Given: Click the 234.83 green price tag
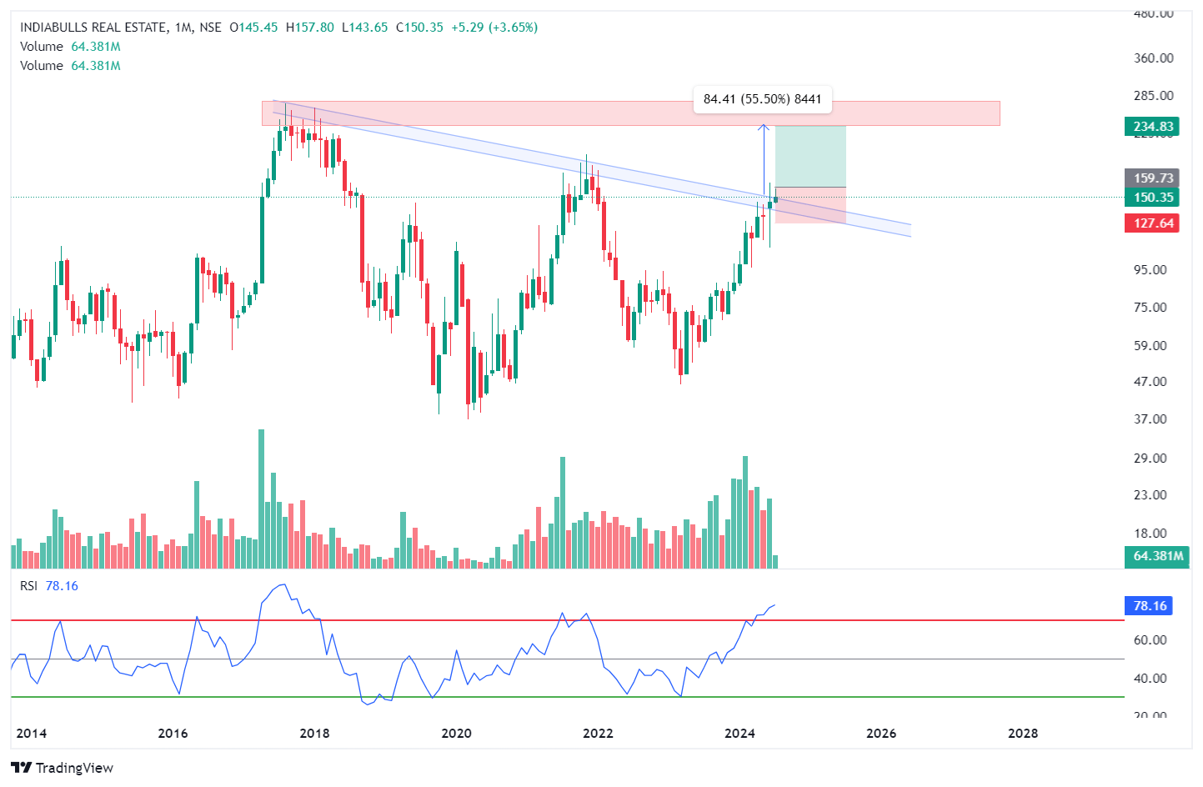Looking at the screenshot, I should coord(1152,127).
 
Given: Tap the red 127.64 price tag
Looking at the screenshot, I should coord(1152,223).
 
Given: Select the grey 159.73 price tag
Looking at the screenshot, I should coord(1152,178).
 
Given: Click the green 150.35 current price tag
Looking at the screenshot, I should coord(1152,198).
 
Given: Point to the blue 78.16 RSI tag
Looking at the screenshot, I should coord(1149,606).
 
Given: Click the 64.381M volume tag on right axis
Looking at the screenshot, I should coord(1157,556).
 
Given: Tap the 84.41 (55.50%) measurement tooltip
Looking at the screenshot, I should coord(762,99).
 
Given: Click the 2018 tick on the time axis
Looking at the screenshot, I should coord(314,734).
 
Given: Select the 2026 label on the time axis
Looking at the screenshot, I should coord(881,734).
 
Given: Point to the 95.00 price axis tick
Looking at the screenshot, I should coord(1153,270).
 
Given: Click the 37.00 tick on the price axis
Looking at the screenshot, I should coord(1153,419).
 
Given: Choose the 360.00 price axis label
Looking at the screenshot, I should coord(1153,58).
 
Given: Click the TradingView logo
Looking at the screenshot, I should coord(63,768).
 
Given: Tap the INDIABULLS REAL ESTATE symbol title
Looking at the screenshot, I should coord(93,28).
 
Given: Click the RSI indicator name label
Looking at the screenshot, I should coord(29,586).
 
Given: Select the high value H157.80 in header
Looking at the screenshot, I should coord(309,28).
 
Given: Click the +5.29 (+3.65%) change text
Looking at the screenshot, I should coord(494,28).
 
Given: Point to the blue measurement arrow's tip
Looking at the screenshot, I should coord(763,126).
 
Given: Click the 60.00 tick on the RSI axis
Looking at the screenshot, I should coord(1150,640).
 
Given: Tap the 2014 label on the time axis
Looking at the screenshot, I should coord(32,734).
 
